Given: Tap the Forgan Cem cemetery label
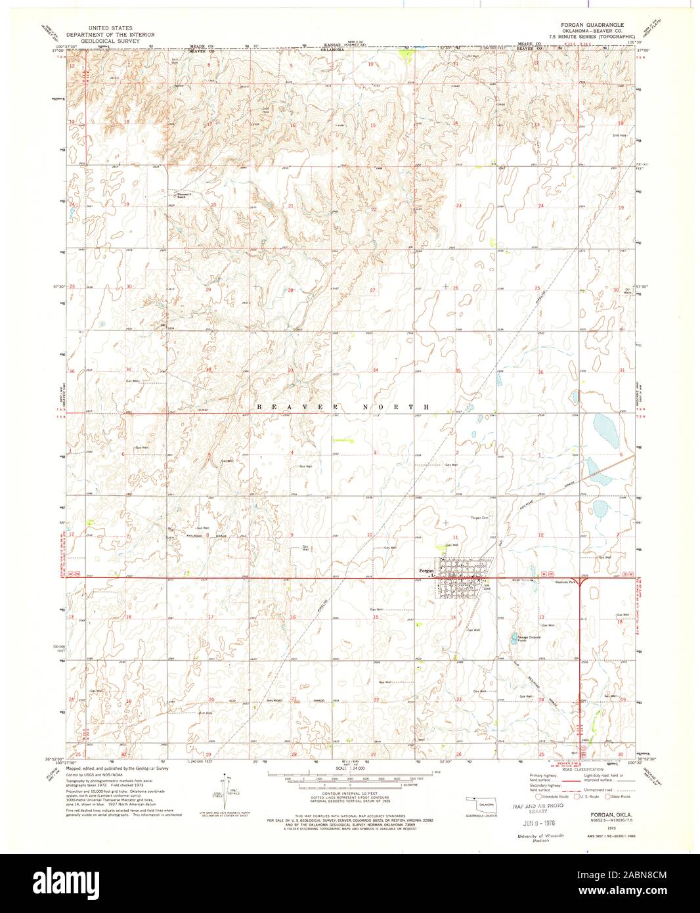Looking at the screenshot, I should (x=481, y=518).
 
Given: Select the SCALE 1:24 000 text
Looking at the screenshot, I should (x=349, y=768).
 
